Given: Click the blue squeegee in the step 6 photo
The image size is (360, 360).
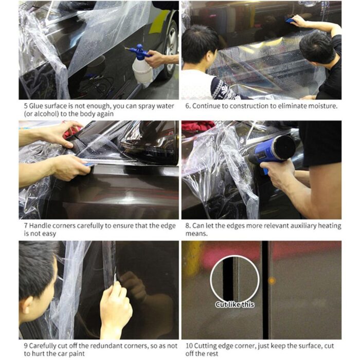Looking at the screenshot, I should [x=290, y=21].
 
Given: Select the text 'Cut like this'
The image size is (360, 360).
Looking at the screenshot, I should [x=235, y=304].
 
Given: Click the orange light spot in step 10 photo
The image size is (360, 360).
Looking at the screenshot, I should [x=272, y=281].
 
